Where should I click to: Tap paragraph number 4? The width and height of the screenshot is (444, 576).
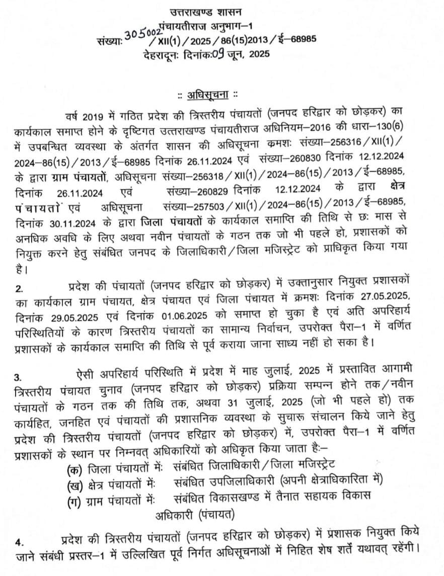tap(19, 543)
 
